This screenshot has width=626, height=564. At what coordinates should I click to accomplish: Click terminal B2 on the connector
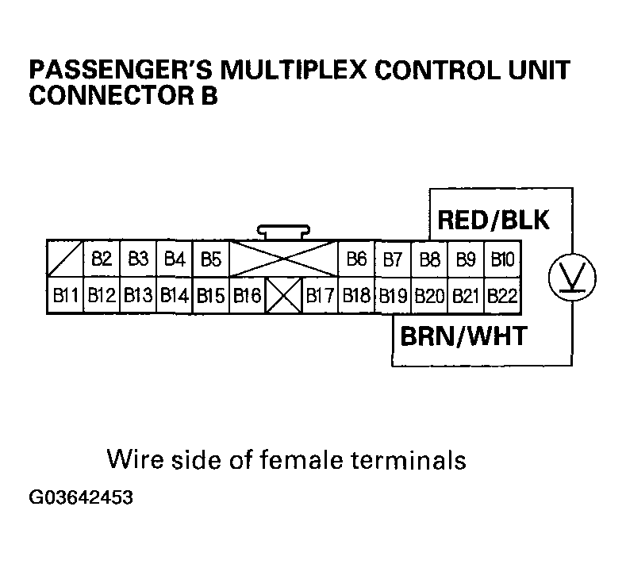click(101, 259)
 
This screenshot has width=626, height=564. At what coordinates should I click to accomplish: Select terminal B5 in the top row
click(210, 259)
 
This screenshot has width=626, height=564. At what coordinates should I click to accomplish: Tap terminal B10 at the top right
click(502, 259)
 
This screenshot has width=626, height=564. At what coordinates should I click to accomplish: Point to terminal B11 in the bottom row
click(64, 297)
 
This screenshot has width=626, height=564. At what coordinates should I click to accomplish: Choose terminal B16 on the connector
click(247, 297)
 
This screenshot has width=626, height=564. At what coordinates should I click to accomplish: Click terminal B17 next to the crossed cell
click(320, 297)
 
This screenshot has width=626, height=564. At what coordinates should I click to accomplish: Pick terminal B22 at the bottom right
click(502, 297)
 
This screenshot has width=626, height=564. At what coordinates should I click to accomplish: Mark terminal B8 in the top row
click(429, 259)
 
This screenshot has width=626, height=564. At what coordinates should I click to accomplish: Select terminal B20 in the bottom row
click(429, 297)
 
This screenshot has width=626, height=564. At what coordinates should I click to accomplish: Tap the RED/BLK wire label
click(493, 220)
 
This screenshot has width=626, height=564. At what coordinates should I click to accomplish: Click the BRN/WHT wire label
click(462, 336)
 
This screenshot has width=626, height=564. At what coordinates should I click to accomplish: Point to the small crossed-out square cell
click(283, 297)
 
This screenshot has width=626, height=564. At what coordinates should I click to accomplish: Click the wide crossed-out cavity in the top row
click(283, 259)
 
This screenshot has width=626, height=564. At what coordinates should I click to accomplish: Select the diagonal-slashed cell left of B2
click(64, 259)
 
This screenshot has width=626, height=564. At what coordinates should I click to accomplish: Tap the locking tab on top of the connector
click(283, 232)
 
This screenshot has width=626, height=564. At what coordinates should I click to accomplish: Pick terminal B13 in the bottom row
click(137, 297)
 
